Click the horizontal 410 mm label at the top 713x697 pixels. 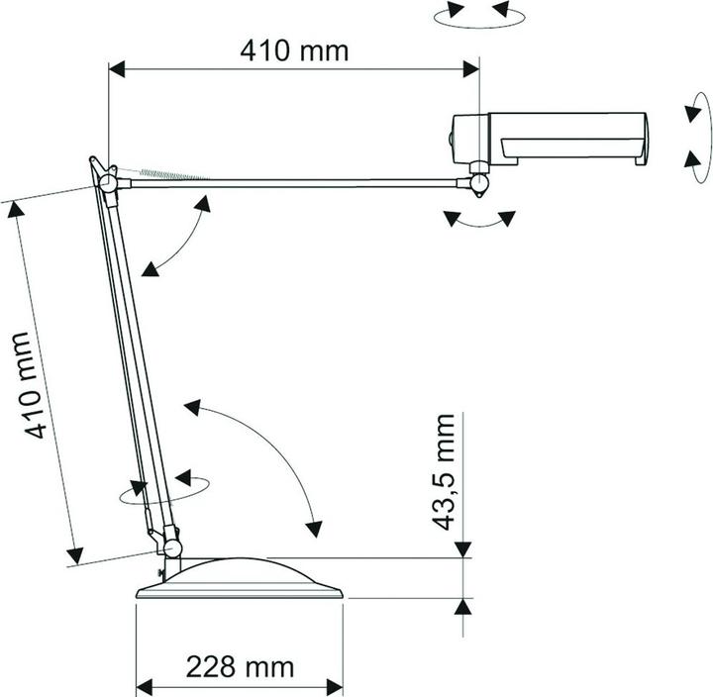pyautogui.click(x=294, y=50)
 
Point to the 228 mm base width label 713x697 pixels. pyautogui.click(x=240, y=666)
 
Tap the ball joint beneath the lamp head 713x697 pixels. pyautogui.click(x=479, y=184)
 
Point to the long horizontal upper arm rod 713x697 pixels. pyautogui.click(x=297, y=181)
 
